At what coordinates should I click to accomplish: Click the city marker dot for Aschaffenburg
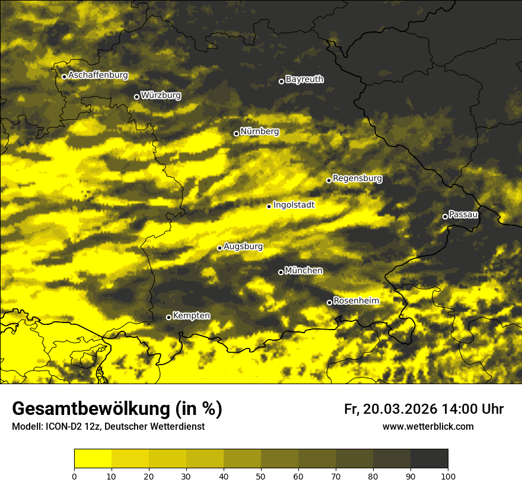(x=64, y=76)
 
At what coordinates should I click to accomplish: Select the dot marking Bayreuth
(x=281, y=81)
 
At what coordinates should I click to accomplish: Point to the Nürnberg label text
(x=259, y=132)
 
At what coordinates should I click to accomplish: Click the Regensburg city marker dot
(x=329, y=180)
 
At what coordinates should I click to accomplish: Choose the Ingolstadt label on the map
(x=294, y=205)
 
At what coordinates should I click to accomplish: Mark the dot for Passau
(x=445, y=216)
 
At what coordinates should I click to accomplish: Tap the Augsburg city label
(x=243, y=247)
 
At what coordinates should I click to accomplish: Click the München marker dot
(x=281, y=273)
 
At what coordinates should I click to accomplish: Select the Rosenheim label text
(x=356, y=301)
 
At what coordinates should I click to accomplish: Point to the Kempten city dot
(x=168, y=317)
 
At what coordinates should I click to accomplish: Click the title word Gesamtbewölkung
(x=89, y=409)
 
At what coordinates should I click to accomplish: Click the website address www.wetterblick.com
(x=428, y=426)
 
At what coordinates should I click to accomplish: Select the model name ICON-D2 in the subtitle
(x=65, y=427)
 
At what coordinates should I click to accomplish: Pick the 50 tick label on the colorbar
(x=261, y=476)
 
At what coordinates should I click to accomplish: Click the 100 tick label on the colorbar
(x=447, y=476)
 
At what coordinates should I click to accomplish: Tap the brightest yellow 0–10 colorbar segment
(x=93, y=459)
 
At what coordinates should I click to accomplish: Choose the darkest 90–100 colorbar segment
(x=429, y=459)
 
